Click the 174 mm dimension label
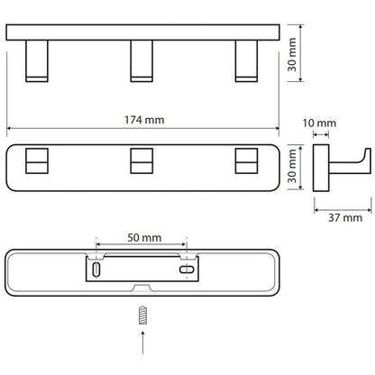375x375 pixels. (144, 120)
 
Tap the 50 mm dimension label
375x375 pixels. (144, 238)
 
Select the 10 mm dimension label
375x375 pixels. (319, 123)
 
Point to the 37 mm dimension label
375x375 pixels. (345, 217)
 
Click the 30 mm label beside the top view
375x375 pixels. (292, 54)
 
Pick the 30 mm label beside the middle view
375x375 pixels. (292, 166)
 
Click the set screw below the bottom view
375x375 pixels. (142, 316)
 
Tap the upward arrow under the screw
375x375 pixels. (142, 343)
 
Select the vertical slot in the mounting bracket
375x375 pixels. (96, 270)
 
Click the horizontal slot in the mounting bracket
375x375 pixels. (187, 270)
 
